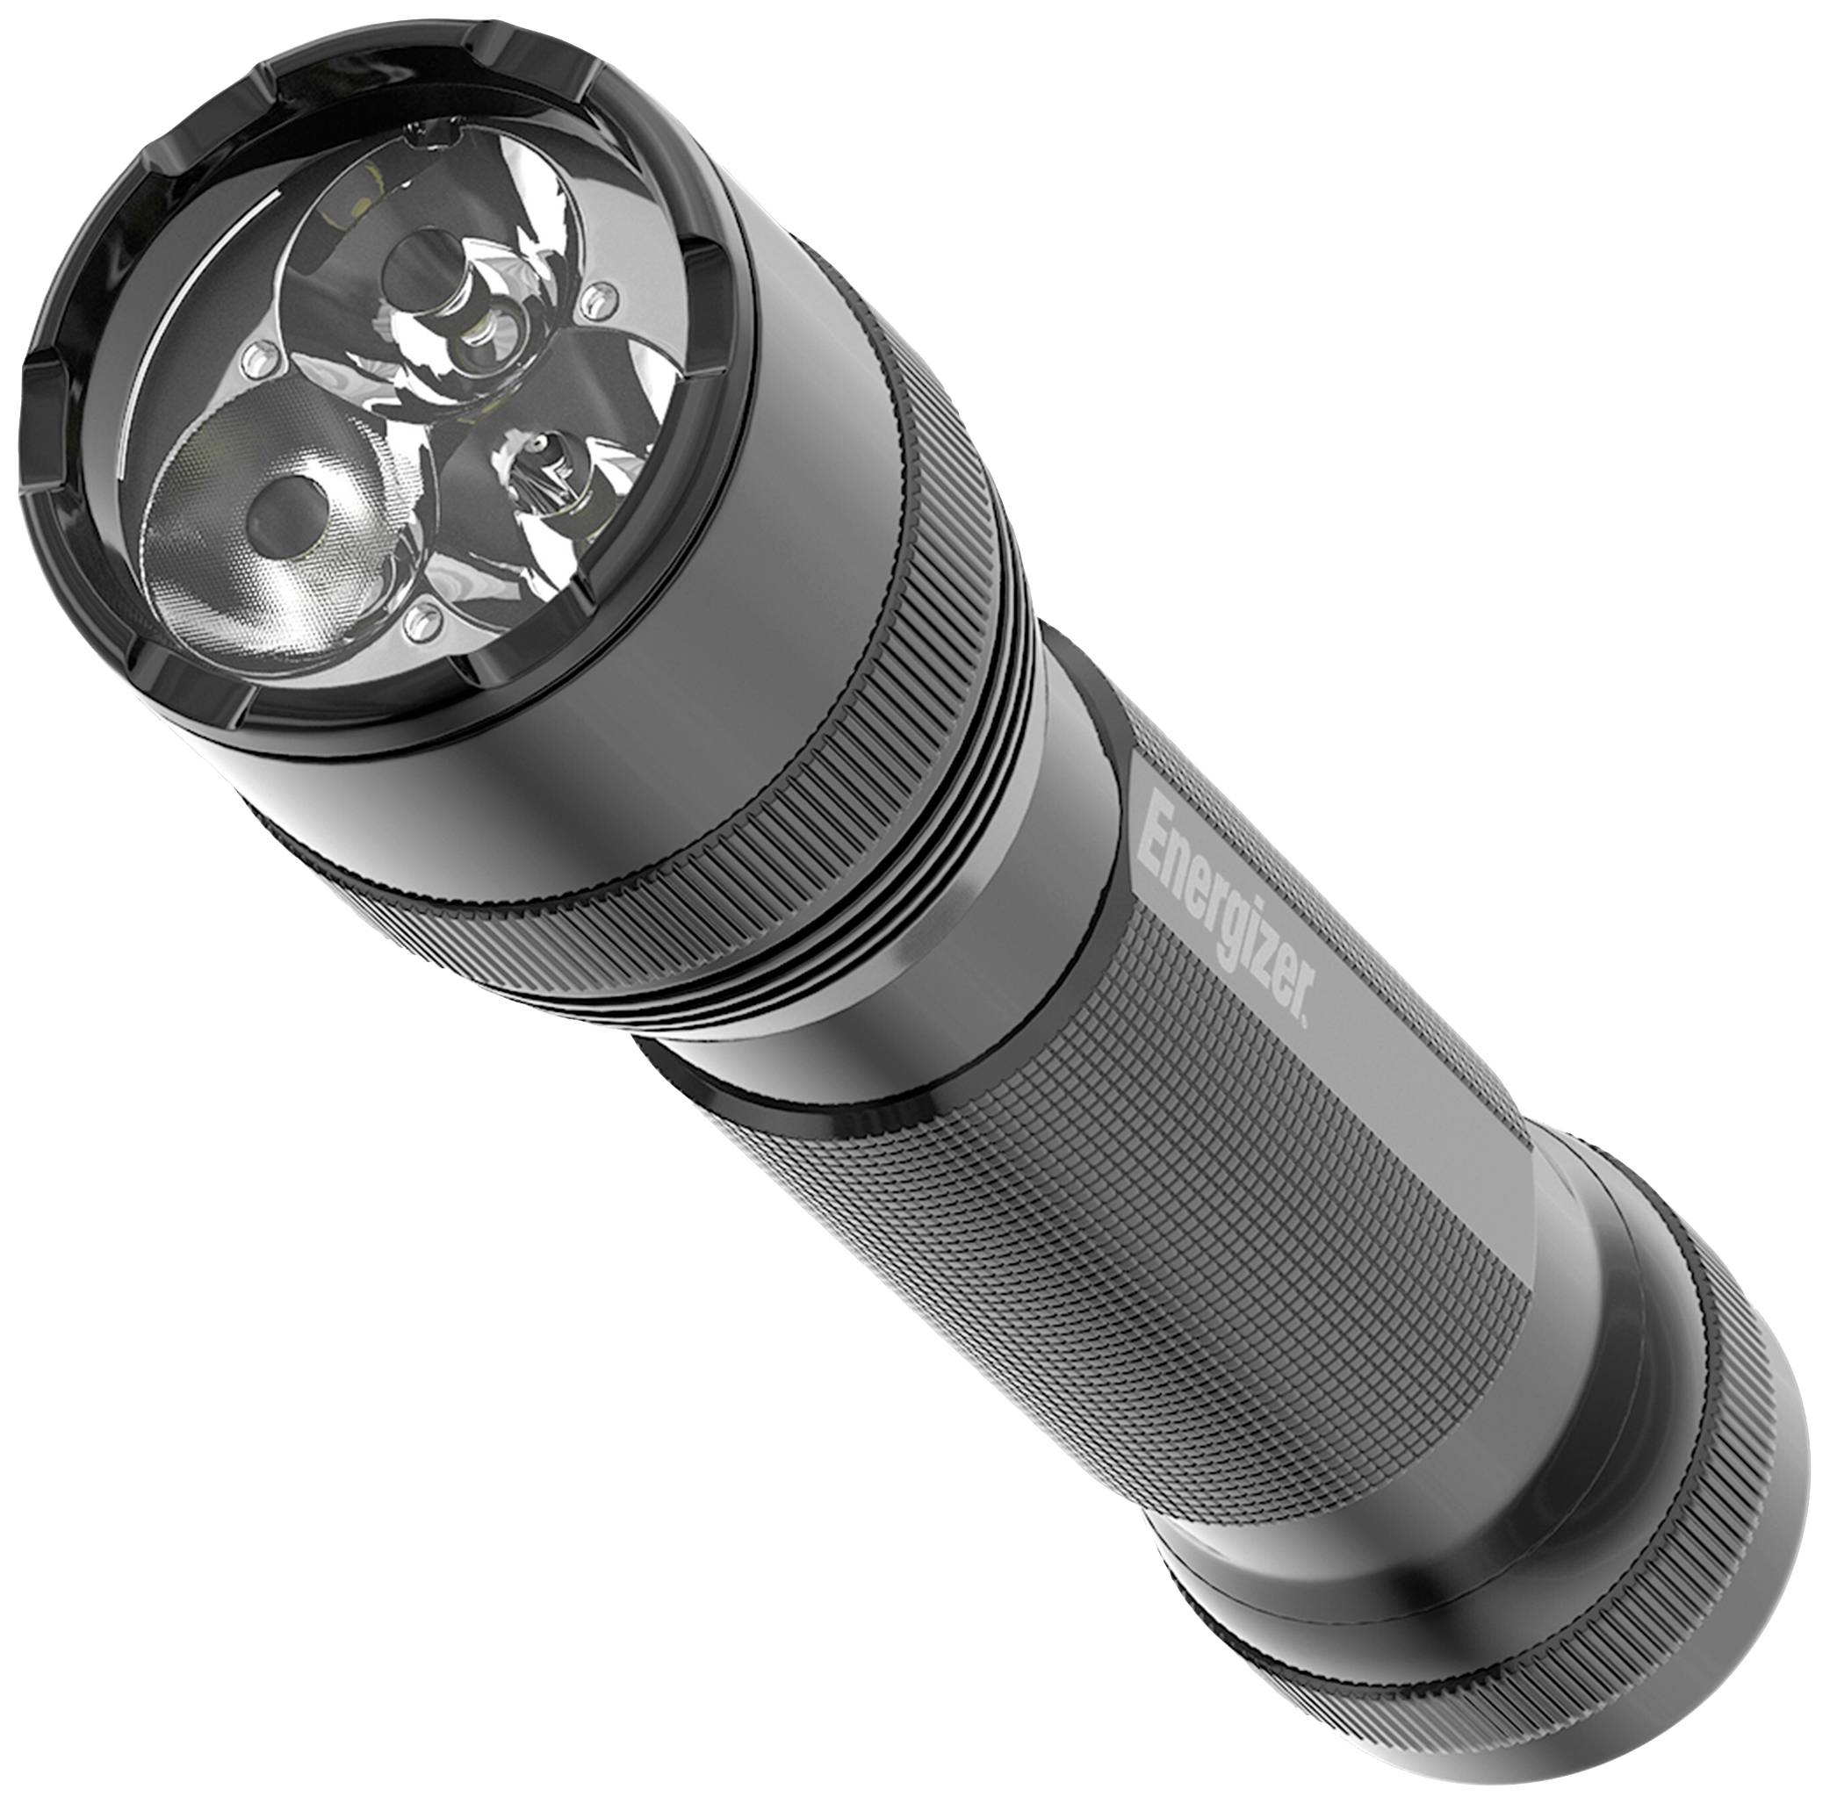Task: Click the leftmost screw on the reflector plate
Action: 254,359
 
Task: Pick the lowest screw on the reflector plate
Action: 418,621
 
